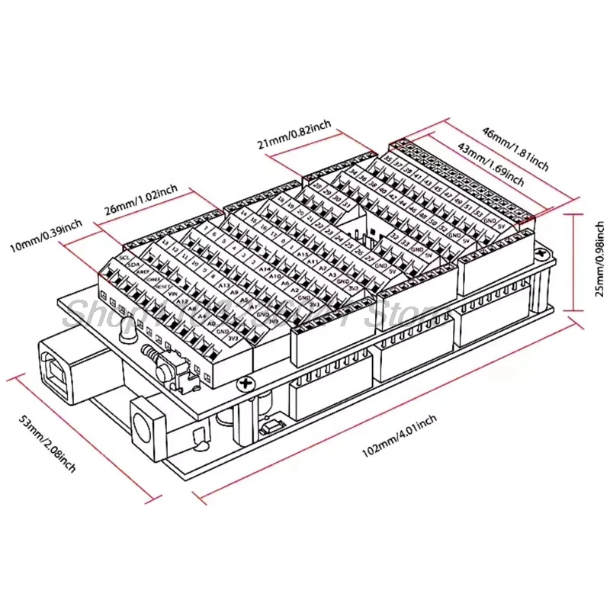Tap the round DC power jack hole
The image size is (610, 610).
143,422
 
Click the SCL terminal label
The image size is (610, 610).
125,258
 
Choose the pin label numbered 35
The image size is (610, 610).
388,159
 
